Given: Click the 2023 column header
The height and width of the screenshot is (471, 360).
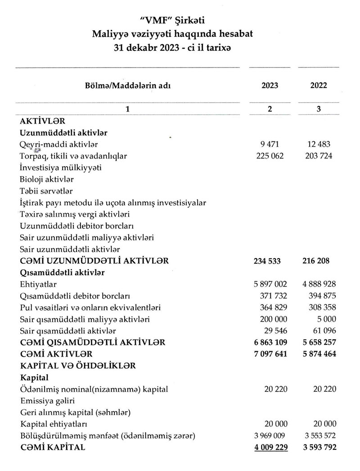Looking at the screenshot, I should (270, 86).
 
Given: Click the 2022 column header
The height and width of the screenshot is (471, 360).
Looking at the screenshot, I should (319, 86).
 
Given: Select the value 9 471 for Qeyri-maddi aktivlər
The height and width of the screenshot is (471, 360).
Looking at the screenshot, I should (270, 145).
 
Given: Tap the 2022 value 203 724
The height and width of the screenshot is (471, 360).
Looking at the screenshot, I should (318, 156).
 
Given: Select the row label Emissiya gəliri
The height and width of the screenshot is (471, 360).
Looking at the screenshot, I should (47, 401).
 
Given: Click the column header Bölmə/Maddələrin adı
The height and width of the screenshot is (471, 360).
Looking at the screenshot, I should (128, 86).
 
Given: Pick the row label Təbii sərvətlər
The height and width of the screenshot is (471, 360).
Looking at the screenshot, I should (46, 191).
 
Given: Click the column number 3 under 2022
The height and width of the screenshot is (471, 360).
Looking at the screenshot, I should (319, 109).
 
